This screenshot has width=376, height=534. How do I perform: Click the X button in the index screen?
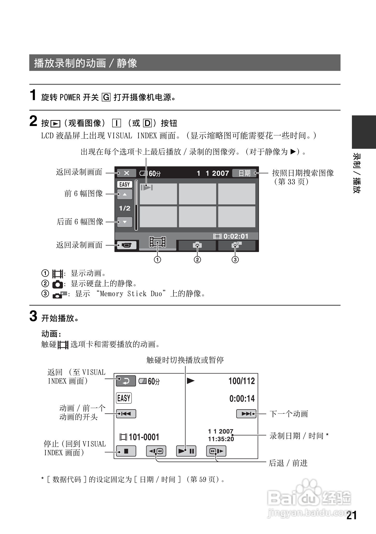[126, 173]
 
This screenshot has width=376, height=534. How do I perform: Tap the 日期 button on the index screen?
[244, 173]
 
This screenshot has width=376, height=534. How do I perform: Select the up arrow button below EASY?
[125, 194]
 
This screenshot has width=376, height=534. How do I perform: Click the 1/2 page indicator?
[125, 208]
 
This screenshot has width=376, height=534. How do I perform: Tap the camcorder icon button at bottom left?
[127, 245]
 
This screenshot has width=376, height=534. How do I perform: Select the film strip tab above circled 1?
[157, 242]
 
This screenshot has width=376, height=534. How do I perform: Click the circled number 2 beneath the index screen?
[197, 259]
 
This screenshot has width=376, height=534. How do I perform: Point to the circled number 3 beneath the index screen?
[235, 259]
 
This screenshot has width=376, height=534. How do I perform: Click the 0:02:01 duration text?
[236, 236]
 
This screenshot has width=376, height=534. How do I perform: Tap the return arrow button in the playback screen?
[126, 381]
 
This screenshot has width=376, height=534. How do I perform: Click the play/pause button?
[186, 451]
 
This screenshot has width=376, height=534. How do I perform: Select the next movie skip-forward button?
[246, 414]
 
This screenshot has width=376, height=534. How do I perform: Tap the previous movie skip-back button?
[126, 414]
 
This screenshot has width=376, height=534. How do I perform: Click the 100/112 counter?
[242, 381]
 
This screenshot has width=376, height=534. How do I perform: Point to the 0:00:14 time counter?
[242, 398]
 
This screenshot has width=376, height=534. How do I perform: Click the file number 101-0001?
[144, 437]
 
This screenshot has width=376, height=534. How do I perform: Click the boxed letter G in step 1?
[106, 97]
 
